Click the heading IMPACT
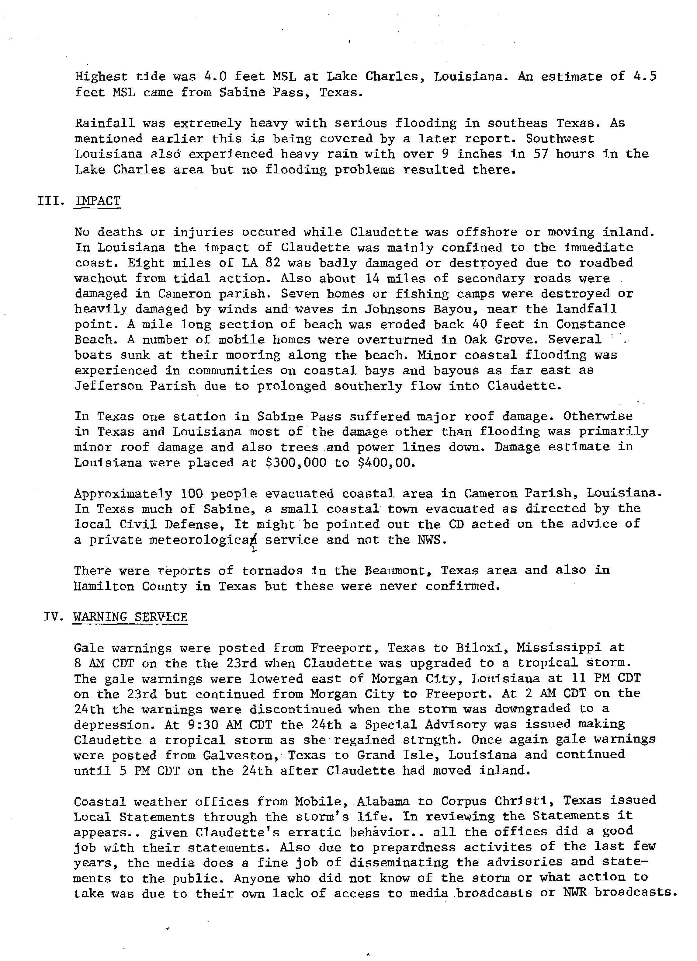(97, 201)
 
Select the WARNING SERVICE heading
(130, 617)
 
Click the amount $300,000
(296, 462)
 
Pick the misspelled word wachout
(101, 278)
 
